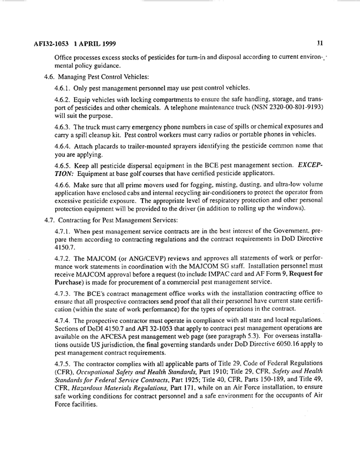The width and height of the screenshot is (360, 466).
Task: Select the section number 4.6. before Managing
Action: [x=52, y=76]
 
